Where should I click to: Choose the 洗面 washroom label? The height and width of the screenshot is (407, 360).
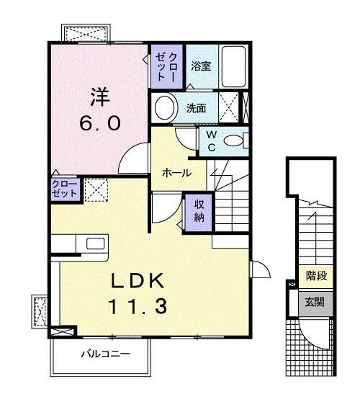(x=196, y=109)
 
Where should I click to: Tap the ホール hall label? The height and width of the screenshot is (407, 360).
(x=176, y=173)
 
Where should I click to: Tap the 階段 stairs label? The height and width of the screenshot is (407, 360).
(x=315, y=275)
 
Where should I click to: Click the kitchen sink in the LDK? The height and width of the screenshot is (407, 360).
(x=96, y=243)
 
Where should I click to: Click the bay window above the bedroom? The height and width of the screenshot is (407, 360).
(x=85, y=32)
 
